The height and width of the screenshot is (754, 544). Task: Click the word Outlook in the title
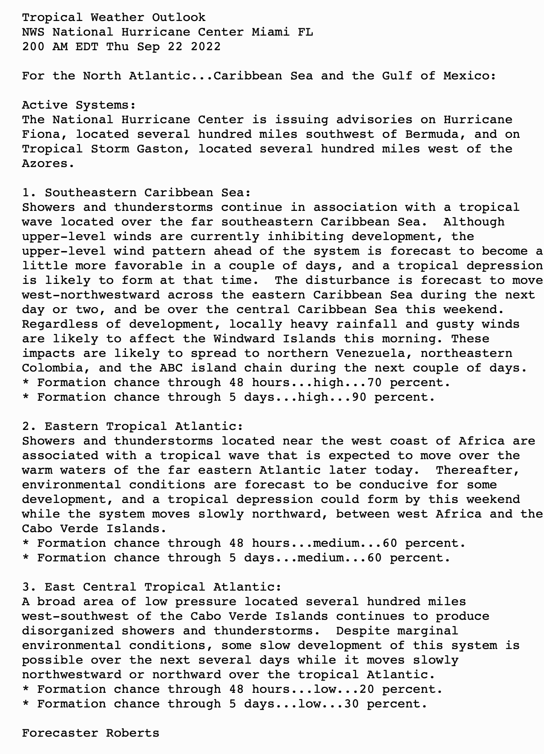[178, 17]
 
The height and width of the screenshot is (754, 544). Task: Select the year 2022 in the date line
[205, 47]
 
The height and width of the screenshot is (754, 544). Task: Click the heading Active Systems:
[79, 105]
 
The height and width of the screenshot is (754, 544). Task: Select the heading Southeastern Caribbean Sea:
[148, 193]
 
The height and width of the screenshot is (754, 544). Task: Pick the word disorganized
[68, 631]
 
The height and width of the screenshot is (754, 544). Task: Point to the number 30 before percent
[351, 704]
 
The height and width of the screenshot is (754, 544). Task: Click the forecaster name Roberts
[133, 733]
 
